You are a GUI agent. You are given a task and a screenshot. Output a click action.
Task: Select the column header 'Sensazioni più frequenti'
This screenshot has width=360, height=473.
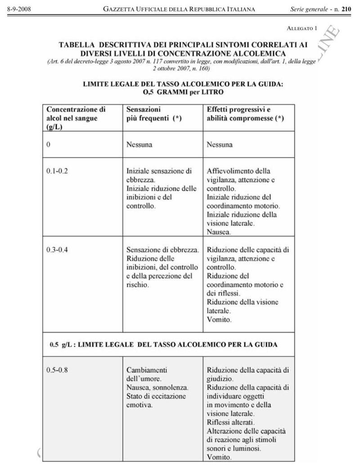pos(154,113)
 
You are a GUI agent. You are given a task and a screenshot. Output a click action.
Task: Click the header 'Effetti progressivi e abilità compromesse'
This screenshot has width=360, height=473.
pos(245,113)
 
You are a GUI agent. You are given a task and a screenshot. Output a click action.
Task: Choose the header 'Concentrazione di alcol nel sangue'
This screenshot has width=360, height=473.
pos(76,117)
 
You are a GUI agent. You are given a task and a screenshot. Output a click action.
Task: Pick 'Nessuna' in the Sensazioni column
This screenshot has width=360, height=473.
pos(139,145)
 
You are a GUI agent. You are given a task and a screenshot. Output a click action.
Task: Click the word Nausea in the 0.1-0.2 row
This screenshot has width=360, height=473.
pos(219,232)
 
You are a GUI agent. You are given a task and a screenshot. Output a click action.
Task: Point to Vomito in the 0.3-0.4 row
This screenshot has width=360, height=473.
pos(219,320)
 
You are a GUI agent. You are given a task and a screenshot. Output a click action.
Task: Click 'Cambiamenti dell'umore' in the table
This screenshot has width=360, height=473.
pos(147,375)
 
